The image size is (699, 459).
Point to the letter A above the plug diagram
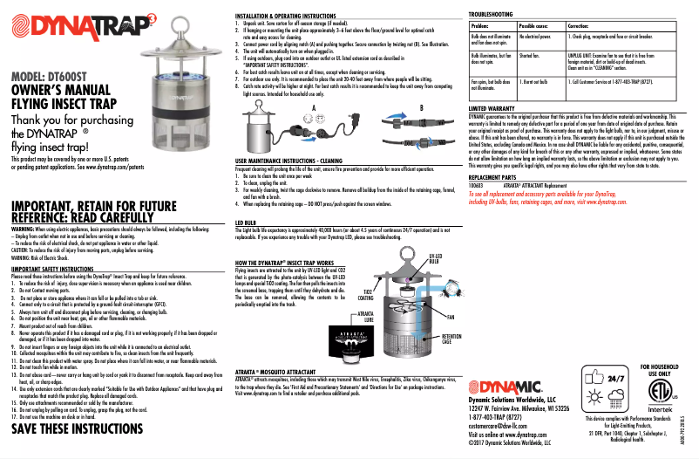pyautogui.click(x=310, y=106)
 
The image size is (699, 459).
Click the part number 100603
pyautogui.click(x=476, y=186)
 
